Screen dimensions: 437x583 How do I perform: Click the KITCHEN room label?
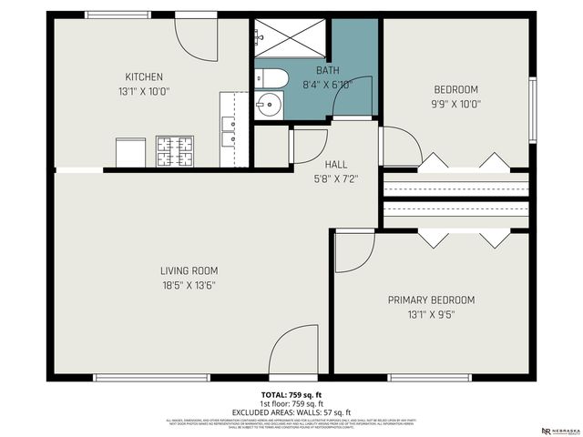144,76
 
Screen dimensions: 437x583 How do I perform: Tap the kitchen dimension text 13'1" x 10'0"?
144,91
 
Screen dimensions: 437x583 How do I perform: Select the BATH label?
327,70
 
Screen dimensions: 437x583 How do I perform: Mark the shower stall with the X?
291,38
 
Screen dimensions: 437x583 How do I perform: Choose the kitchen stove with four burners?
175,151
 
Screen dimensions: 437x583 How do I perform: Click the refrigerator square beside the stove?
130,152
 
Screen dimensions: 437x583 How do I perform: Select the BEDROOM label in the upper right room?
455,89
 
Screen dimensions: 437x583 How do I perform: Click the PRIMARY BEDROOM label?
431,300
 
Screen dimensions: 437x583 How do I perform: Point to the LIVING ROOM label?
189,270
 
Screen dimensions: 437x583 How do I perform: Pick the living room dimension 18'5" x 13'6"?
189,285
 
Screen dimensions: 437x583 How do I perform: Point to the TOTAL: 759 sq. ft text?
291,394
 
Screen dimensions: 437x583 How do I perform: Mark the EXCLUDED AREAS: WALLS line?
291,412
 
